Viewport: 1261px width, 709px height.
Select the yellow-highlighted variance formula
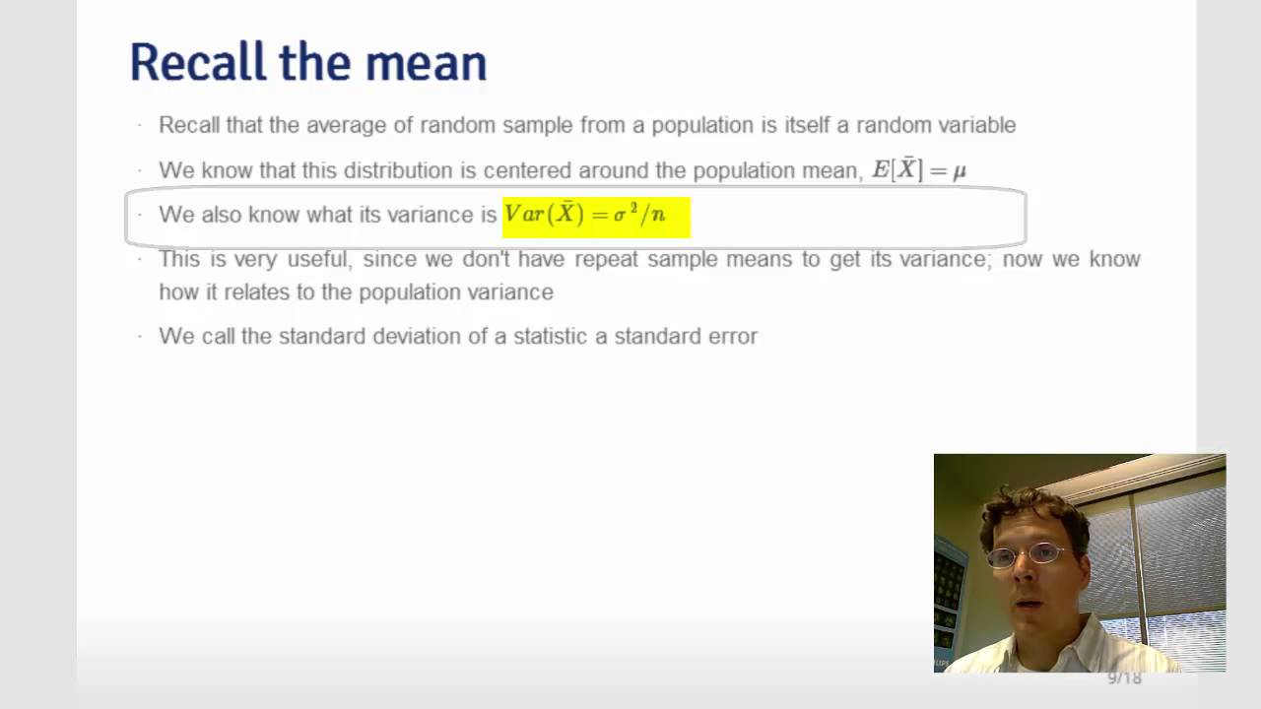pos(595,216)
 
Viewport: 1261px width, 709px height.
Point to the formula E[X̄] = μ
pos(918,170)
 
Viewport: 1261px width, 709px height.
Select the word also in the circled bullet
pos(223,215)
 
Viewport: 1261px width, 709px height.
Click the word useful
pos(318,259)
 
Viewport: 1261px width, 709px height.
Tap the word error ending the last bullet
pos(732,337)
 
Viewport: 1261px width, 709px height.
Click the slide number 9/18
pos(1124,677)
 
